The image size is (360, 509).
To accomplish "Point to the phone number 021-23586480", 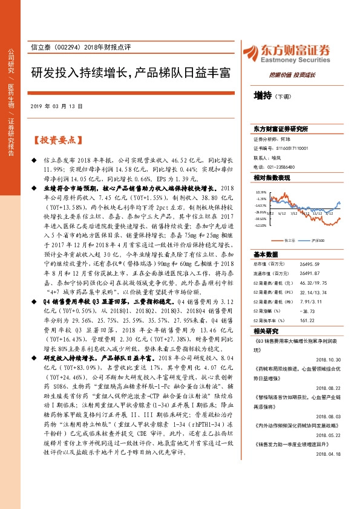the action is pyautogui.click(x=278, y=166).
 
